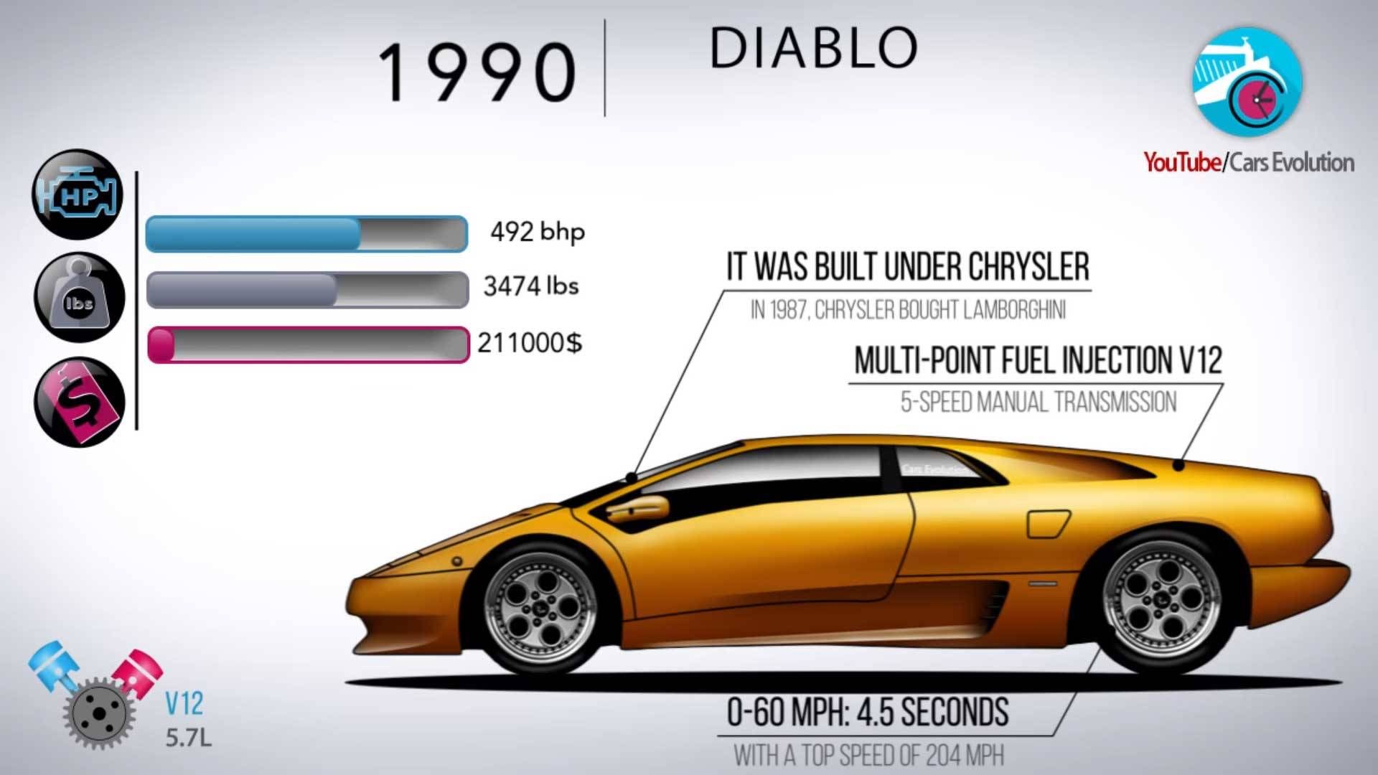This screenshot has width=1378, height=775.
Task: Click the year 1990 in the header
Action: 477,72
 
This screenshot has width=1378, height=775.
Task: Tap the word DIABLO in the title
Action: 814,49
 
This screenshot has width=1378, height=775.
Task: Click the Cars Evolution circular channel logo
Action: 1247,80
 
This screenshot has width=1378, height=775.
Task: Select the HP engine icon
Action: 78,194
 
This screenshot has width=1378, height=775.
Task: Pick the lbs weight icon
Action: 79,297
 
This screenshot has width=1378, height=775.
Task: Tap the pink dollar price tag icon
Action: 79,402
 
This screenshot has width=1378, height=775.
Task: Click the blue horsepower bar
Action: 307,234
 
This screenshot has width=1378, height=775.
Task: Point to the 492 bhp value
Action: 538,232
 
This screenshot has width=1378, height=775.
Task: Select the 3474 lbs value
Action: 531,286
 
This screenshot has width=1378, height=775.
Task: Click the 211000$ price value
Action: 530,343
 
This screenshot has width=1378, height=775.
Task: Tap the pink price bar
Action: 309,344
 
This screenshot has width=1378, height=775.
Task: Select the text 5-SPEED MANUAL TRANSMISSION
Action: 1039,402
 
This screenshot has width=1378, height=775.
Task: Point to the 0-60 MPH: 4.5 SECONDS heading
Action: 868,713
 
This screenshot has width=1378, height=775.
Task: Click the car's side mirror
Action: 637,508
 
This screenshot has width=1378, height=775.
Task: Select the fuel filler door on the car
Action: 1048,524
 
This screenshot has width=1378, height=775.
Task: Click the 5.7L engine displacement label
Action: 189,737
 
